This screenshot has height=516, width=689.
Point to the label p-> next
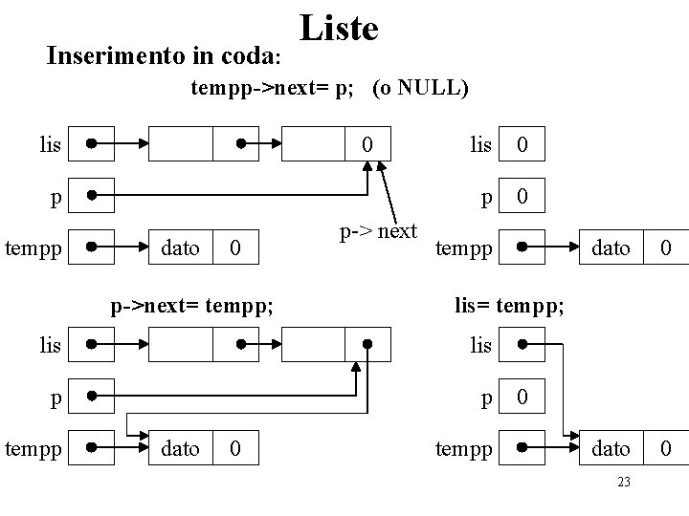(x=377, y=231)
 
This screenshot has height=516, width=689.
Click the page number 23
(x=624, y=482)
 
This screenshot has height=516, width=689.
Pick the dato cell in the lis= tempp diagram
(x=612, y=448)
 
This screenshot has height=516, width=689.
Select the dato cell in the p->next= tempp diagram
(x=180, y=448)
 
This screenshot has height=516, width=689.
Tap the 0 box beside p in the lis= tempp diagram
(x=522, y=396)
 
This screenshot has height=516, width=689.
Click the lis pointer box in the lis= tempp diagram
(x=522, y=344)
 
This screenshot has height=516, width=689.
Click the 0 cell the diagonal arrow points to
(x=367, y=145)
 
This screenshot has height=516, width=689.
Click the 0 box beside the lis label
(x=522, y=145)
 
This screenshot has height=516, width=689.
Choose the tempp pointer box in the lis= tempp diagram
(x=522, y=448)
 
